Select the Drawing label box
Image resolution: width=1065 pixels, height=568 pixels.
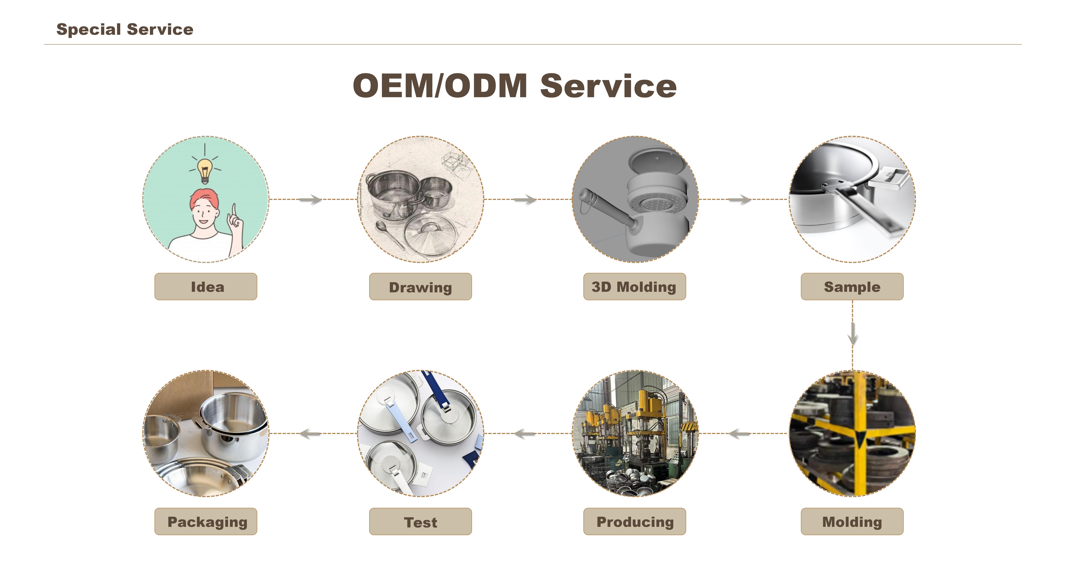coord(420,287)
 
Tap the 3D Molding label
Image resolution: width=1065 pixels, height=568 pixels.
coord(635,287)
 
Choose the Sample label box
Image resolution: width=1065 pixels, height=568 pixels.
coord(852,287)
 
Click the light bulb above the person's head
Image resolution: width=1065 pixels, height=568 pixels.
coord(205,171)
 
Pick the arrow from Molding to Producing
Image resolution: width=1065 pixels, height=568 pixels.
coord(740,434)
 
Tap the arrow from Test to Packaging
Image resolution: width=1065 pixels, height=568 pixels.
coord(310,434)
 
